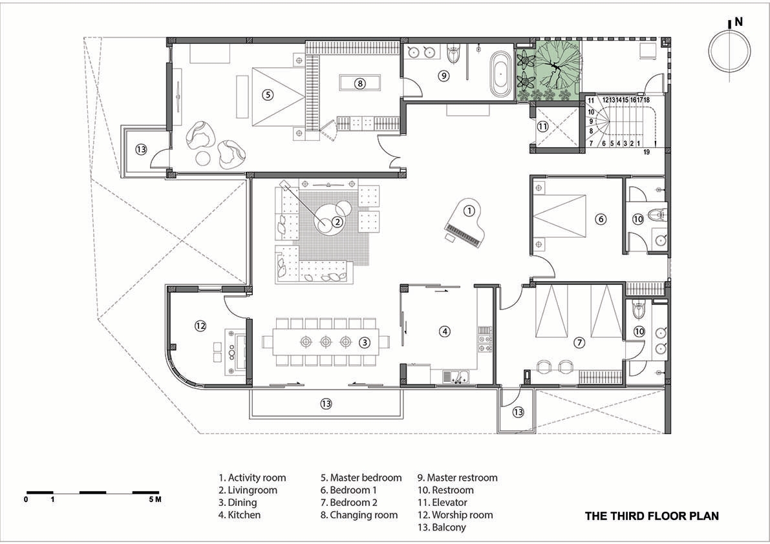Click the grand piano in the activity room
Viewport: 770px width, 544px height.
(x=464, y=223)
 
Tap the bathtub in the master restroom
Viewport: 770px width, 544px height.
(x=500, y=73)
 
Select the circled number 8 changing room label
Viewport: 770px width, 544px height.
(x=360, y=84)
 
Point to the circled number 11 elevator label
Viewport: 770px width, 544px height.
(x=542, y=127)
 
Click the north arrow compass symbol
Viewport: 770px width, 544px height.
(x=729, y=50)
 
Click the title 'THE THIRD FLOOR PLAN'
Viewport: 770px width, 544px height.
(x=652, y=516)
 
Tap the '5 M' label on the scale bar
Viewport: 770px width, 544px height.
(x=155, y=500)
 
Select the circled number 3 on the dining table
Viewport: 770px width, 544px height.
(x=365, y=343)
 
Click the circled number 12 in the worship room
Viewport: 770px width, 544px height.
(x=200, y=325)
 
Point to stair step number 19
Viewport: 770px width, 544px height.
(x=647, y=152)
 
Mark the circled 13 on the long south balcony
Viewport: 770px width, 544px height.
(x=326, y=404)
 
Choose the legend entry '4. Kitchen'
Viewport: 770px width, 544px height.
(x=240, y=515)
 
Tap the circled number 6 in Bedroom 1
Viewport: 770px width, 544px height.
(x=601, y=219)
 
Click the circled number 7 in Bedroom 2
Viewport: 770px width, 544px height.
(x=580, y=342)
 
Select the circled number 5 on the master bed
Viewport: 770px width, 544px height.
(x=268, y=95)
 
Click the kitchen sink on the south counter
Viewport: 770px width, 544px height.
(x=456, y=377)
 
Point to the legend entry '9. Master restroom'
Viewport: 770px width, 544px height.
(x=458, y=478)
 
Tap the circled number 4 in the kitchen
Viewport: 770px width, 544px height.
(x=444, y=331)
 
